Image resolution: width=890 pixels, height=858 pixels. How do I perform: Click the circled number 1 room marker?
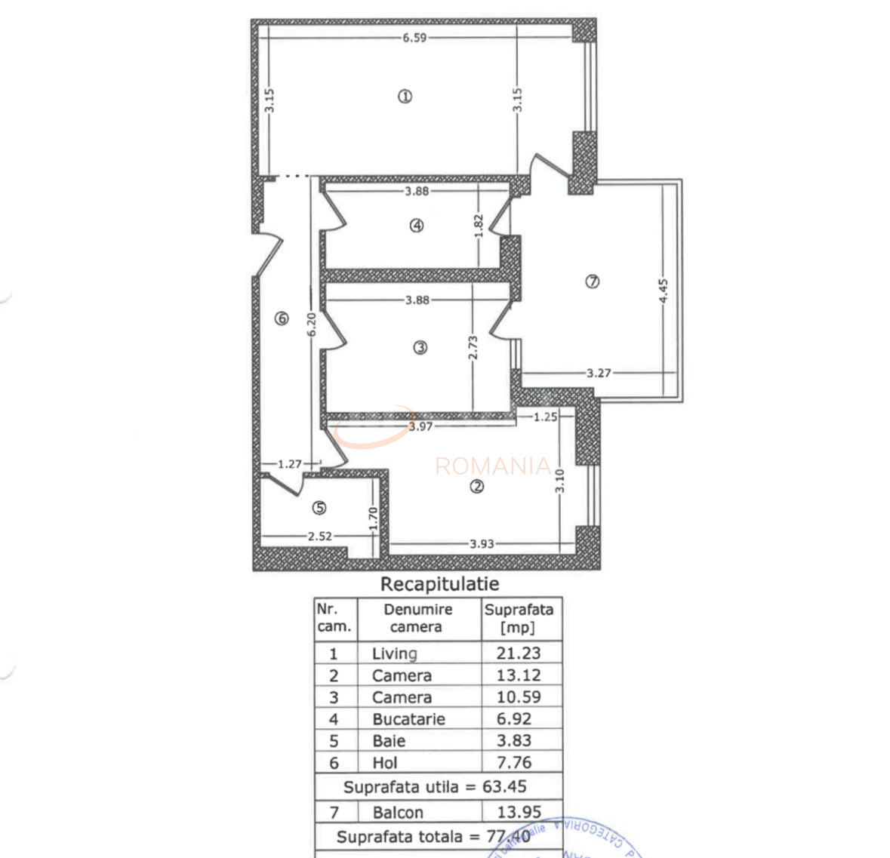coord(405,96)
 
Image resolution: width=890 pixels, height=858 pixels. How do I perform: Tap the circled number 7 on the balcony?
coord(593,281)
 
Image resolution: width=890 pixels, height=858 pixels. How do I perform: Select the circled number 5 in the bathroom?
coord(319,508)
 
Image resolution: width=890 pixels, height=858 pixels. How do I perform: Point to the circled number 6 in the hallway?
coord(282,318)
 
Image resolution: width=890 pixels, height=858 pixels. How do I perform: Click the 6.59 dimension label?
coord(414,38)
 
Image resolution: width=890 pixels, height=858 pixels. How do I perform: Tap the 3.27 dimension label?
coord(599,373)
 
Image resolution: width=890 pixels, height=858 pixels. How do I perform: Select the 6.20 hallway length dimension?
coord(312,325)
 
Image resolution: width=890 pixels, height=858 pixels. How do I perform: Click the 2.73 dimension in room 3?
coord(473,346)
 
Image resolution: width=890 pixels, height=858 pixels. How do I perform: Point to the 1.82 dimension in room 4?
coord(478,227)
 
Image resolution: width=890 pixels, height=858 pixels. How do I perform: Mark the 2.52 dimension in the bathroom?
coord(319,537)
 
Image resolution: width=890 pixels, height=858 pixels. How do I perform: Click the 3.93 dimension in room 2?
coord(482,543)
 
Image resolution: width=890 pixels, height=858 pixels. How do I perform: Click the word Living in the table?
coord(394,653)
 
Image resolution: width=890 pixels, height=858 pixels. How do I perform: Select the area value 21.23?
coord(519,653)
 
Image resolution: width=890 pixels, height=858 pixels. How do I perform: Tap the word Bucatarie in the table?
coord(408,719)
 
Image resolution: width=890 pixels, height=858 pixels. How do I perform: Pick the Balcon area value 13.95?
coord(519,812)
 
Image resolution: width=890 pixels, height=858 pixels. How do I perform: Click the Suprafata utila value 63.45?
coord(504,786)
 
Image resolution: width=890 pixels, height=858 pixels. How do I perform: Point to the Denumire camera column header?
coord(417,618)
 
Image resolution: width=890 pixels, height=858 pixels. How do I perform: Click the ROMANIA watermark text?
coord(493,466)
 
